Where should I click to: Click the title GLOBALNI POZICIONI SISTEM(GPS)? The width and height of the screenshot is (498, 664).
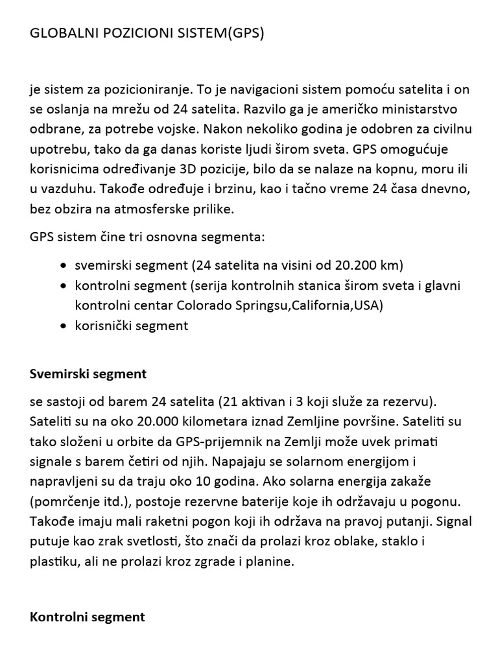pyautogui.click(x=147, y=34)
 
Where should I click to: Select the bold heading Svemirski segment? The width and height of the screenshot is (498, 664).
pyautogui.click(x=88, y=374)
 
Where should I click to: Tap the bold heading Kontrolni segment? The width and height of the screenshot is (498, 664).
pyautogui.click(x=88, y=617)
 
